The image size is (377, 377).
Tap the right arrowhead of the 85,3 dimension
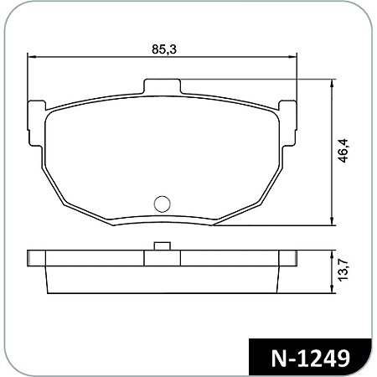coord(294,57)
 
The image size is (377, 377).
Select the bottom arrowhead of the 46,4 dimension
coord(333,222)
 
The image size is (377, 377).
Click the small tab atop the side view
coord(163,246)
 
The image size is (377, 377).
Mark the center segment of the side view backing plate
coord(163,258)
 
